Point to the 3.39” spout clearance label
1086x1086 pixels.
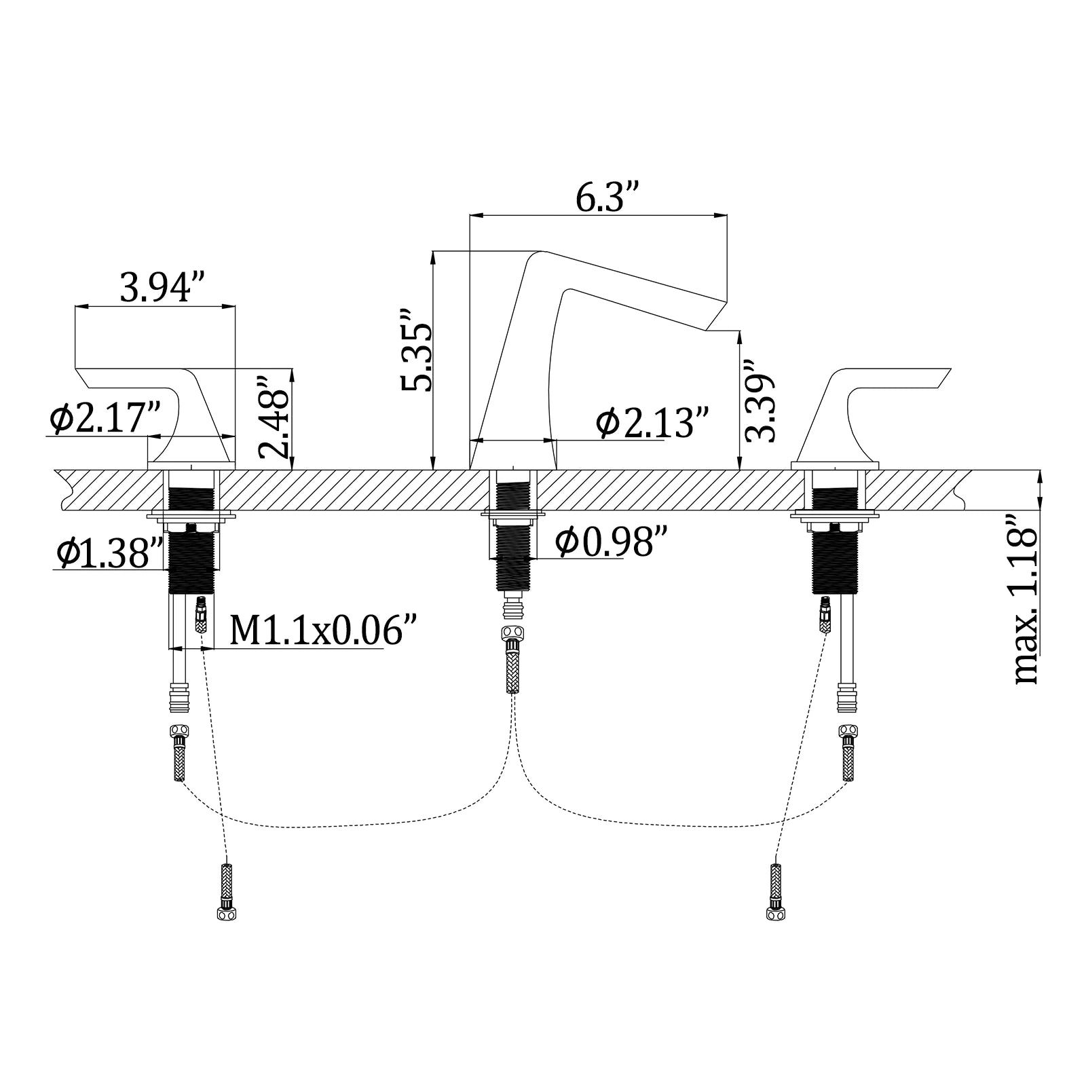point(760,400)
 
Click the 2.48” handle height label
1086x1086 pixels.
point(274,418)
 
